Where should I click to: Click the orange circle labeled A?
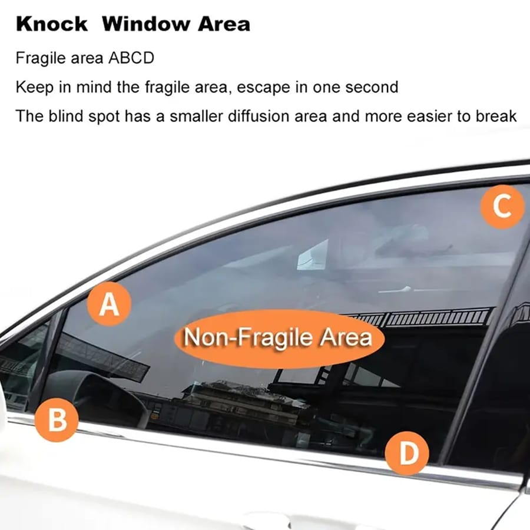[x=109, y=305]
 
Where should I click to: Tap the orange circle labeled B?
[x=57, y=420]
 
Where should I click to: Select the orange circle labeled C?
[x=502, y=206]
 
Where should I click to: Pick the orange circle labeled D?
[x=407, y=453]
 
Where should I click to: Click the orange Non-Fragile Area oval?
[x=278, y=339]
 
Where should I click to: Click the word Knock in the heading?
[x=52, y=24]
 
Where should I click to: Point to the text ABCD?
[x=135, y=59]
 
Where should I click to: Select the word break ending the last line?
[x=496, y=115]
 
